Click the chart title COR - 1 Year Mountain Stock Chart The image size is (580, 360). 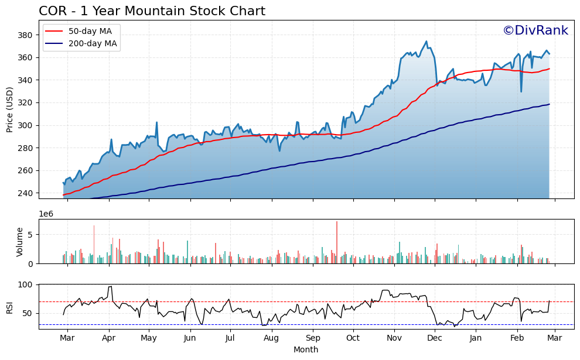[152, 11]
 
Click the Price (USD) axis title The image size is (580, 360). [10, 109]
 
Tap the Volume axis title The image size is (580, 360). [19, 242]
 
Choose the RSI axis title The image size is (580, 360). [10, 307]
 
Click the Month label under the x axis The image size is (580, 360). [306, 349]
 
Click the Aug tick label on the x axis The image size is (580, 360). [271, 338]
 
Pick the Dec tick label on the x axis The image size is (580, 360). [435, 338]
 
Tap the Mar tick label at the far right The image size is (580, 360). [555, 338]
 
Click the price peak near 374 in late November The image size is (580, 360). [427, 42]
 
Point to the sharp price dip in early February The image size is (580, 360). [521, 91]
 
